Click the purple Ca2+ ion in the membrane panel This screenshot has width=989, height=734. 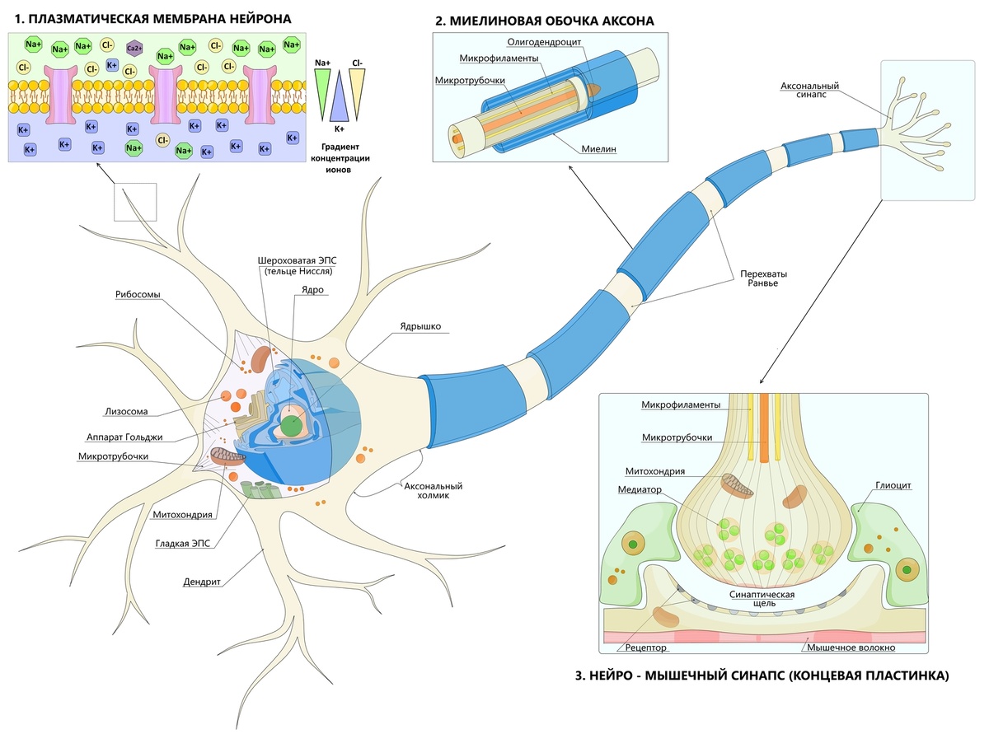[133, 48]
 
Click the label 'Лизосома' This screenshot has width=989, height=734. [127, 412]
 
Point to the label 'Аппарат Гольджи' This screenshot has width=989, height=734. [124, 437]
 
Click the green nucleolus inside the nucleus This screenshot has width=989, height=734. [290, 426]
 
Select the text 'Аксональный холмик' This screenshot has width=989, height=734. [433, 492]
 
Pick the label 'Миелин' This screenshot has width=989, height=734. [599, 149]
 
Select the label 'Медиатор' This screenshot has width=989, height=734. [640, 489]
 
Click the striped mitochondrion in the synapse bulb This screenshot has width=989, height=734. [738, 485]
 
